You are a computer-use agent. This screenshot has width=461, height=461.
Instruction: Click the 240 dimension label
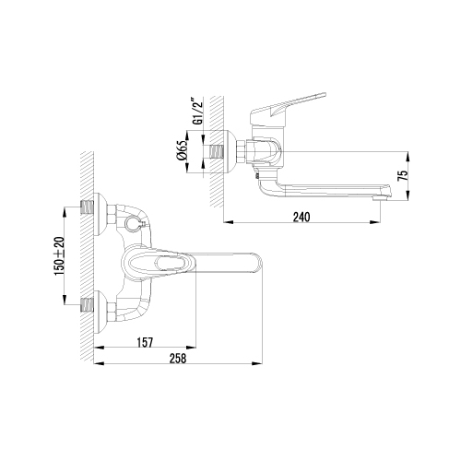click(301, 218)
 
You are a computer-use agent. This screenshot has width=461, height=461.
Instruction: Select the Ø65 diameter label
click(182, 150)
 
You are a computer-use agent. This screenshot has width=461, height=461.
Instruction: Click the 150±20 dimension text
click(60, 255)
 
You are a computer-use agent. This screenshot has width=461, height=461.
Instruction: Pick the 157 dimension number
click(145, 343)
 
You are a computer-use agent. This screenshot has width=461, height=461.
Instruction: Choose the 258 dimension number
click(178, 359)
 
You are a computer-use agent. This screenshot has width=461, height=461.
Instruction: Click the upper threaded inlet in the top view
click(87, 207)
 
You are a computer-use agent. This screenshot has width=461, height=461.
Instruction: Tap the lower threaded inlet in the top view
click(87, 304)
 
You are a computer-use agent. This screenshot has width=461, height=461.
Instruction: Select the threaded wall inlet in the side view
click(217, 151)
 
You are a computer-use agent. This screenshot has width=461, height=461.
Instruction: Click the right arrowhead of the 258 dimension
click(257, 364)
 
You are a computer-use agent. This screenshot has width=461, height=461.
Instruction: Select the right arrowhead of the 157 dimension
click(190, 348)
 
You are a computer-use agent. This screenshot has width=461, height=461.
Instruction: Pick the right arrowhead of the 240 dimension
click(375, 222)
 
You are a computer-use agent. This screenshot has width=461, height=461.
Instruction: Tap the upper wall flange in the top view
click(100, 215)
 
